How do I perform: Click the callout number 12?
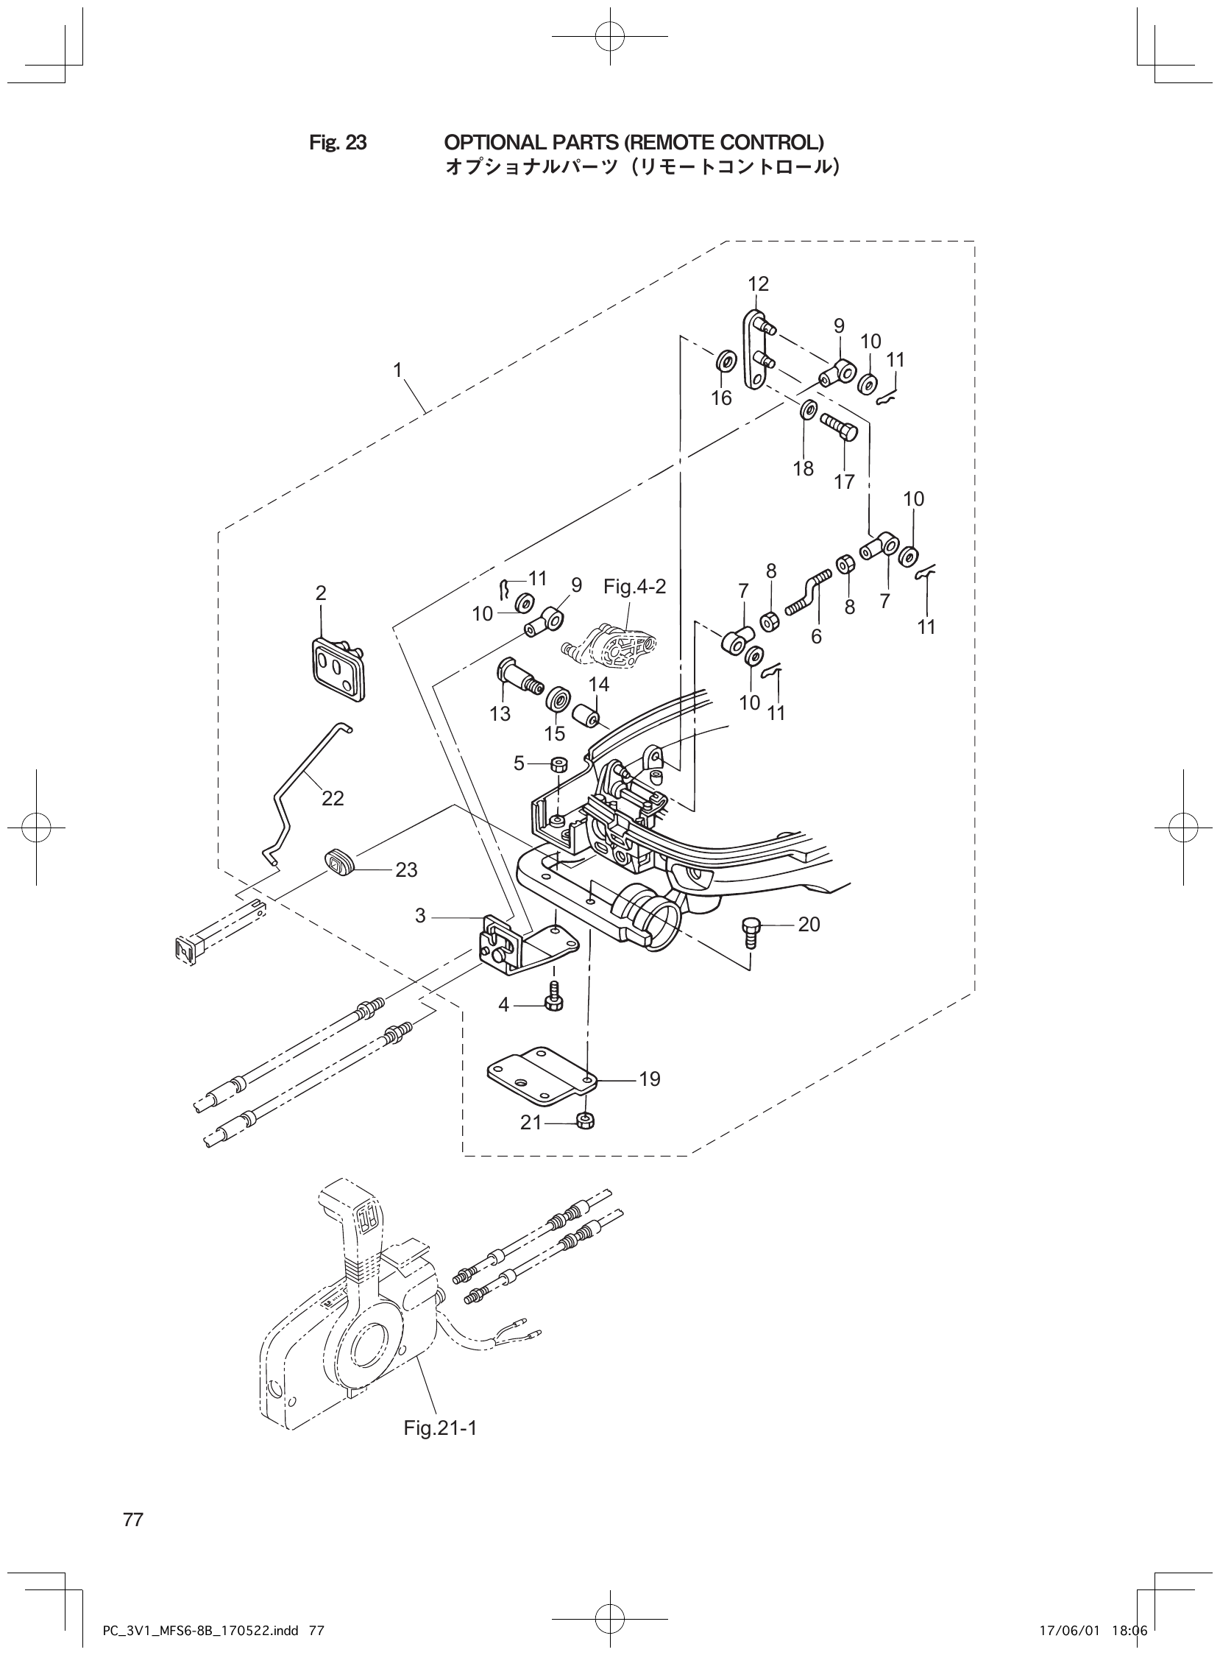click(758, 283)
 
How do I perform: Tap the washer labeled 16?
click(726, 362)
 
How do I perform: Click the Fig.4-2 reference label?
click(634, 587)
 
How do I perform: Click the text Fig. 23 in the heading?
click(338, 142)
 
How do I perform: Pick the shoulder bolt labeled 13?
click(513, 673)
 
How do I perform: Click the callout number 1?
click(397, 370)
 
